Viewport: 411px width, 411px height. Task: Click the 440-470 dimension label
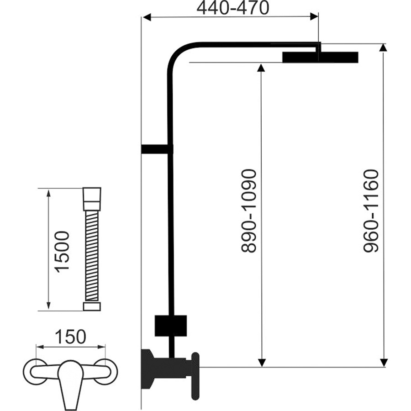click(x=233, y=8)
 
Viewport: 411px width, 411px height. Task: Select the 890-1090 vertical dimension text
click(x=248, y=211)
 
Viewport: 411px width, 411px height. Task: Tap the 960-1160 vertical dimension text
click(x=371, y=211)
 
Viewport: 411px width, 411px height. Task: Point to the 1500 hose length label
click(x=62, y=252)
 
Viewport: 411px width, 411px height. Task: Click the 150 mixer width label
click(x=70, y=337)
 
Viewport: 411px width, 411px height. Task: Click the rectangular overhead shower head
click(x=320, y=58)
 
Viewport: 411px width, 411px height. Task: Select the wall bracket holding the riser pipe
click(x=157, y=149)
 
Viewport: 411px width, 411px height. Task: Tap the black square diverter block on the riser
click(x=171, y=326)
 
